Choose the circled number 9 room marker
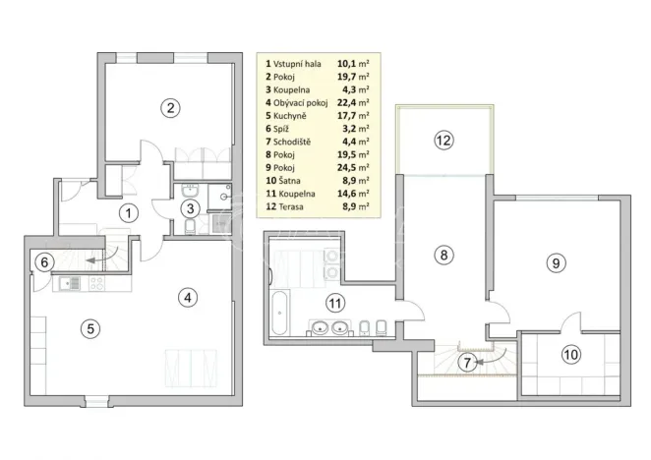click(x=556, y=262)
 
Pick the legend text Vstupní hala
click(x=299, y=61)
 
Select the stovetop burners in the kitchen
click(x=96, y=284)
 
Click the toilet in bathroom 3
click(x=187, y=230)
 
